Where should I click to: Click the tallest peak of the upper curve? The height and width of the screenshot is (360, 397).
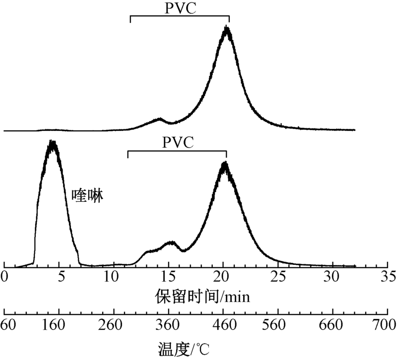[227, 28]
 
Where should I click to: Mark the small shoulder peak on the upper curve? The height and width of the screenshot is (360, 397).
[159, 119]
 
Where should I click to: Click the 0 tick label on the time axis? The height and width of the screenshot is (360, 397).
[5, 276]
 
